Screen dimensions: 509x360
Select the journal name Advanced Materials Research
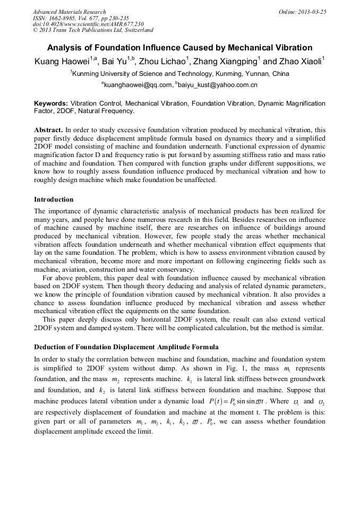click(x=69, y=12)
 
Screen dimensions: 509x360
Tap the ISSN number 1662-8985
click(x=63, y=18)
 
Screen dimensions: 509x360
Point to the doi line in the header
click(x=88, y=24)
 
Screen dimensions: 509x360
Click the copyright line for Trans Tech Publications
click(x=93, y=30)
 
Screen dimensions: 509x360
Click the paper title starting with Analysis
click(x=179, y=48)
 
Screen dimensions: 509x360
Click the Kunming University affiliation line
click(x=181, y=74)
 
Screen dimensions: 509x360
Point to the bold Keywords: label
click(x=51, y=103)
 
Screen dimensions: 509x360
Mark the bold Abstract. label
click(x=48, y=130)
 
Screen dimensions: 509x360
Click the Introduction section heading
click(x=54, y=200)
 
